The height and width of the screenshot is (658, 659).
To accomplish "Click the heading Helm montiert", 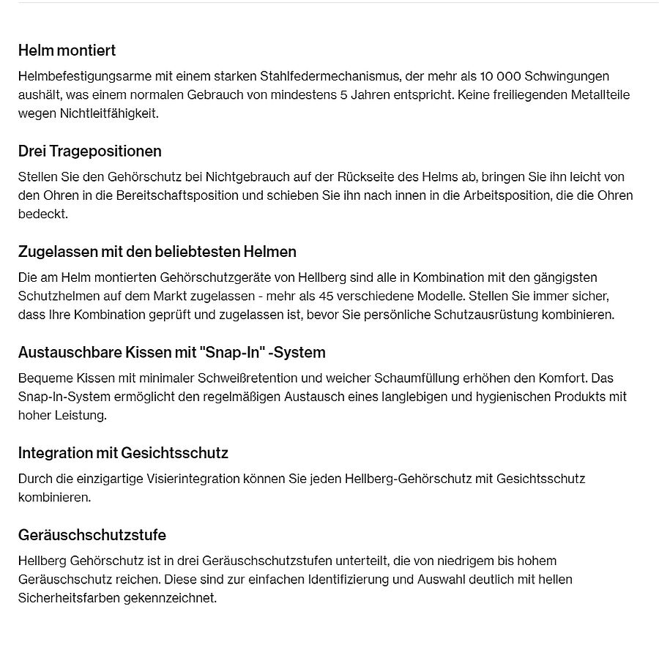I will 67,51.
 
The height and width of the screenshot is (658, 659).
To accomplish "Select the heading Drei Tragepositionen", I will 89,151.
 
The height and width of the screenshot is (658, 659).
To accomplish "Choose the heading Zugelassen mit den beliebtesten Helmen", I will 157,252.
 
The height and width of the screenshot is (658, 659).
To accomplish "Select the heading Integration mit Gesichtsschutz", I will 123,453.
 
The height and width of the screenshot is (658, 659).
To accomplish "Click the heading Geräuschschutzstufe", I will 92,535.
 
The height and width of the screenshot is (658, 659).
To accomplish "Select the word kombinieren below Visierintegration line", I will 53,498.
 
